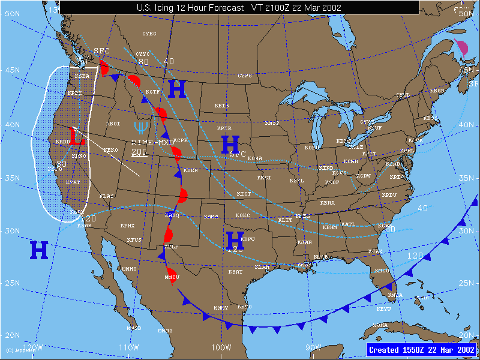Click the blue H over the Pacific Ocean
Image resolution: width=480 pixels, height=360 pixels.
[x=39, y=250]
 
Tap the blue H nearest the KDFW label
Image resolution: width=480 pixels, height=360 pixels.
[x=235, y=241]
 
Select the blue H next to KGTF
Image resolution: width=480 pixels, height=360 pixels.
[x=176, y=89]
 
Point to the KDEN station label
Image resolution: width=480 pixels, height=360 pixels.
[x=191, y=170]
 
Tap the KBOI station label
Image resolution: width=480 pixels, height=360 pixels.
[x=113, y=124]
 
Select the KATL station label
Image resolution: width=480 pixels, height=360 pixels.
[x=348, y=224]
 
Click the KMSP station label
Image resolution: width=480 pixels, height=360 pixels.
[x=272, y=123]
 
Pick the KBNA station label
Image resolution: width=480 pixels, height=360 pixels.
[x=328, y=203]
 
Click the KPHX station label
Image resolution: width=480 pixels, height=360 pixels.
[x=127, y=226]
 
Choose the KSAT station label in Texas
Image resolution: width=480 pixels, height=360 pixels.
[x=235, y=272]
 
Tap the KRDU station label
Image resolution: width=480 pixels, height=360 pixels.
[x=389, y=195]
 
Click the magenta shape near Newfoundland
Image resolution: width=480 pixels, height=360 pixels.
[x=462, y=47]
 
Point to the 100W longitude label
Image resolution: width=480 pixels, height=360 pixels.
[x=221, y=347]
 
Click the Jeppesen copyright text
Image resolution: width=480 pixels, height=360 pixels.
[x=20, y=350]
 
